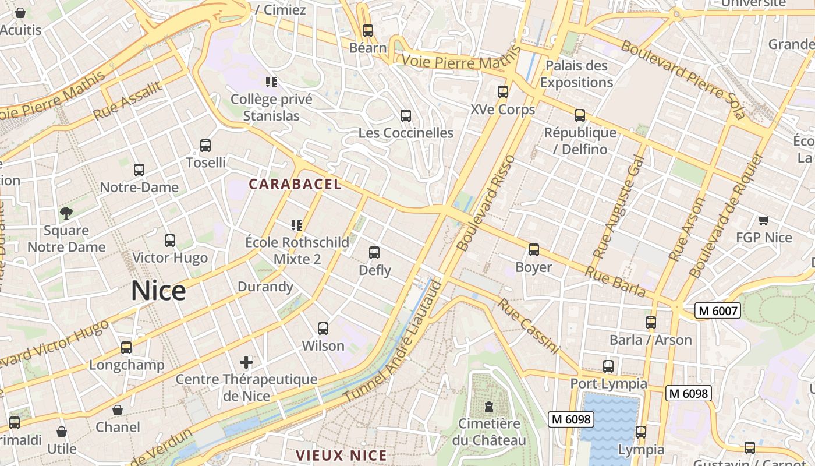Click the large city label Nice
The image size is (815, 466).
coord(158,291)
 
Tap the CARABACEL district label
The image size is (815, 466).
coord(295,184)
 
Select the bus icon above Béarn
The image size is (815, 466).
coord(367,31)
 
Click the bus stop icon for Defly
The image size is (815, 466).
coord(374,253)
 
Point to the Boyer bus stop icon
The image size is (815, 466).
coord(533,250)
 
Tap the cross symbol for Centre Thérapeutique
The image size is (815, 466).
coord(246,362)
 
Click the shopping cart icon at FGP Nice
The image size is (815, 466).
coord(763,220)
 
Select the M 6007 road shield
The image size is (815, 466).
coord(717,311)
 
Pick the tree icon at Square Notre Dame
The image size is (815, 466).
coord(66,213)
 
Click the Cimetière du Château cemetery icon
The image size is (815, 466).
coord(488,406)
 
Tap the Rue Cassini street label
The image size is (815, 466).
coord(528,326)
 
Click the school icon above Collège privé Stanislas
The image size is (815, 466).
coord(271,82)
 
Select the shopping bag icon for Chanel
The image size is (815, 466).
coord(118,410)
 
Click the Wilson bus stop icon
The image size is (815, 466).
coord(323,329)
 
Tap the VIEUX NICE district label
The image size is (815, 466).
coord(341,456)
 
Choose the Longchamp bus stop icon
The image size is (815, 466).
coord(126,348)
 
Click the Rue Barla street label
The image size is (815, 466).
coord(615,281)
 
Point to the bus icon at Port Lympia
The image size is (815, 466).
coord(608,366)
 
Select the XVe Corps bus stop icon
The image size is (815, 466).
coord(503,92)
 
